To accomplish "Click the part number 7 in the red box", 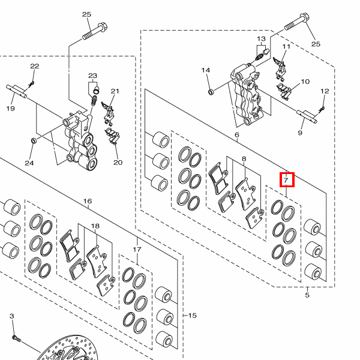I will click(x=287, y=179).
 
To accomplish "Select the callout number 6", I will click(x=237, y=136).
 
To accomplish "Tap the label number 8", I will click(x=244, y=159).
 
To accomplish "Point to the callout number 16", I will click(x=88, y=201).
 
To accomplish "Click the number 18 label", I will click(x=95, y=226).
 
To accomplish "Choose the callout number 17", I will click(x=137, y=250).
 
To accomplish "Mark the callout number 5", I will click(x=307, y=295).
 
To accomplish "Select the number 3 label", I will click(x=11, y=316).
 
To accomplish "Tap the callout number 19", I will click(x=10, y=109).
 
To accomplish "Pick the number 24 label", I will click(x=29, y=163).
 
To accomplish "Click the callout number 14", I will click(x=206, y=70).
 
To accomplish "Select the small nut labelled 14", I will click(x=211, y=92).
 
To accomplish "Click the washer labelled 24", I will click(x=34, y=142).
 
